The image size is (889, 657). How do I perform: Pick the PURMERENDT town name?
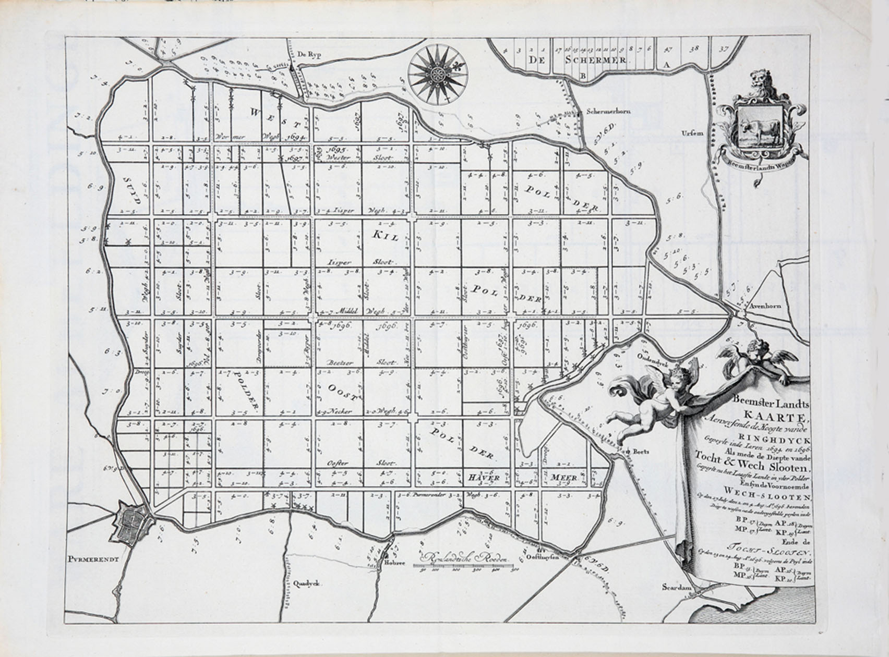point(93,558)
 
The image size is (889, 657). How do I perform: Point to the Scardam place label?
point(677,587)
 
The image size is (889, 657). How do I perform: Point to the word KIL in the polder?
point(385,236)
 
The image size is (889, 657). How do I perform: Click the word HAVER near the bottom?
point(484,477)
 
